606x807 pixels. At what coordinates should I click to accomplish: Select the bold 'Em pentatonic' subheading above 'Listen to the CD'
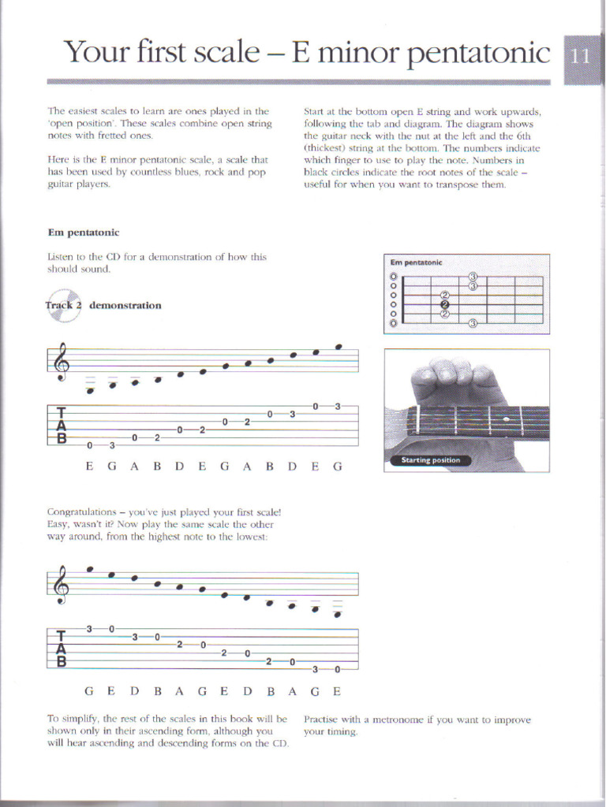click(83, 232)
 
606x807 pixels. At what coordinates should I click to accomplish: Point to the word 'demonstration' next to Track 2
click(125, 306)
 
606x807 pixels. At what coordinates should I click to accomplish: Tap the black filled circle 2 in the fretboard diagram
click(444, 305)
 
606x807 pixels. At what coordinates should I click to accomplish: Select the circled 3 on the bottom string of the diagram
click(472, 323)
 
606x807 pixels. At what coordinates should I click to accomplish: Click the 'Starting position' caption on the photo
click(430, 460)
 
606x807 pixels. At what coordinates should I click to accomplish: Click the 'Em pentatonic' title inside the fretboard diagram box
click(417, 262)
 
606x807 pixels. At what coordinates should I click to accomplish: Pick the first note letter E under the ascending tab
click(90, 467)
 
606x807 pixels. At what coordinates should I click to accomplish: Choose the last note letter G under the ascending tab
click(338, 467)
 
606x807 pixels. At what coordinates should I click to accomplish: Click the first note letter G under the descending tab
click(90, 691)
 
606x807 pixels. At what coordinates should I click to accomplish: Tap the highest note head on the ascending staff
click(339, 346)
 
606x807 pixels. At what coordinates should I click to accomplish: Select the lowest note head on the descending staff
click(338, 615)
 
